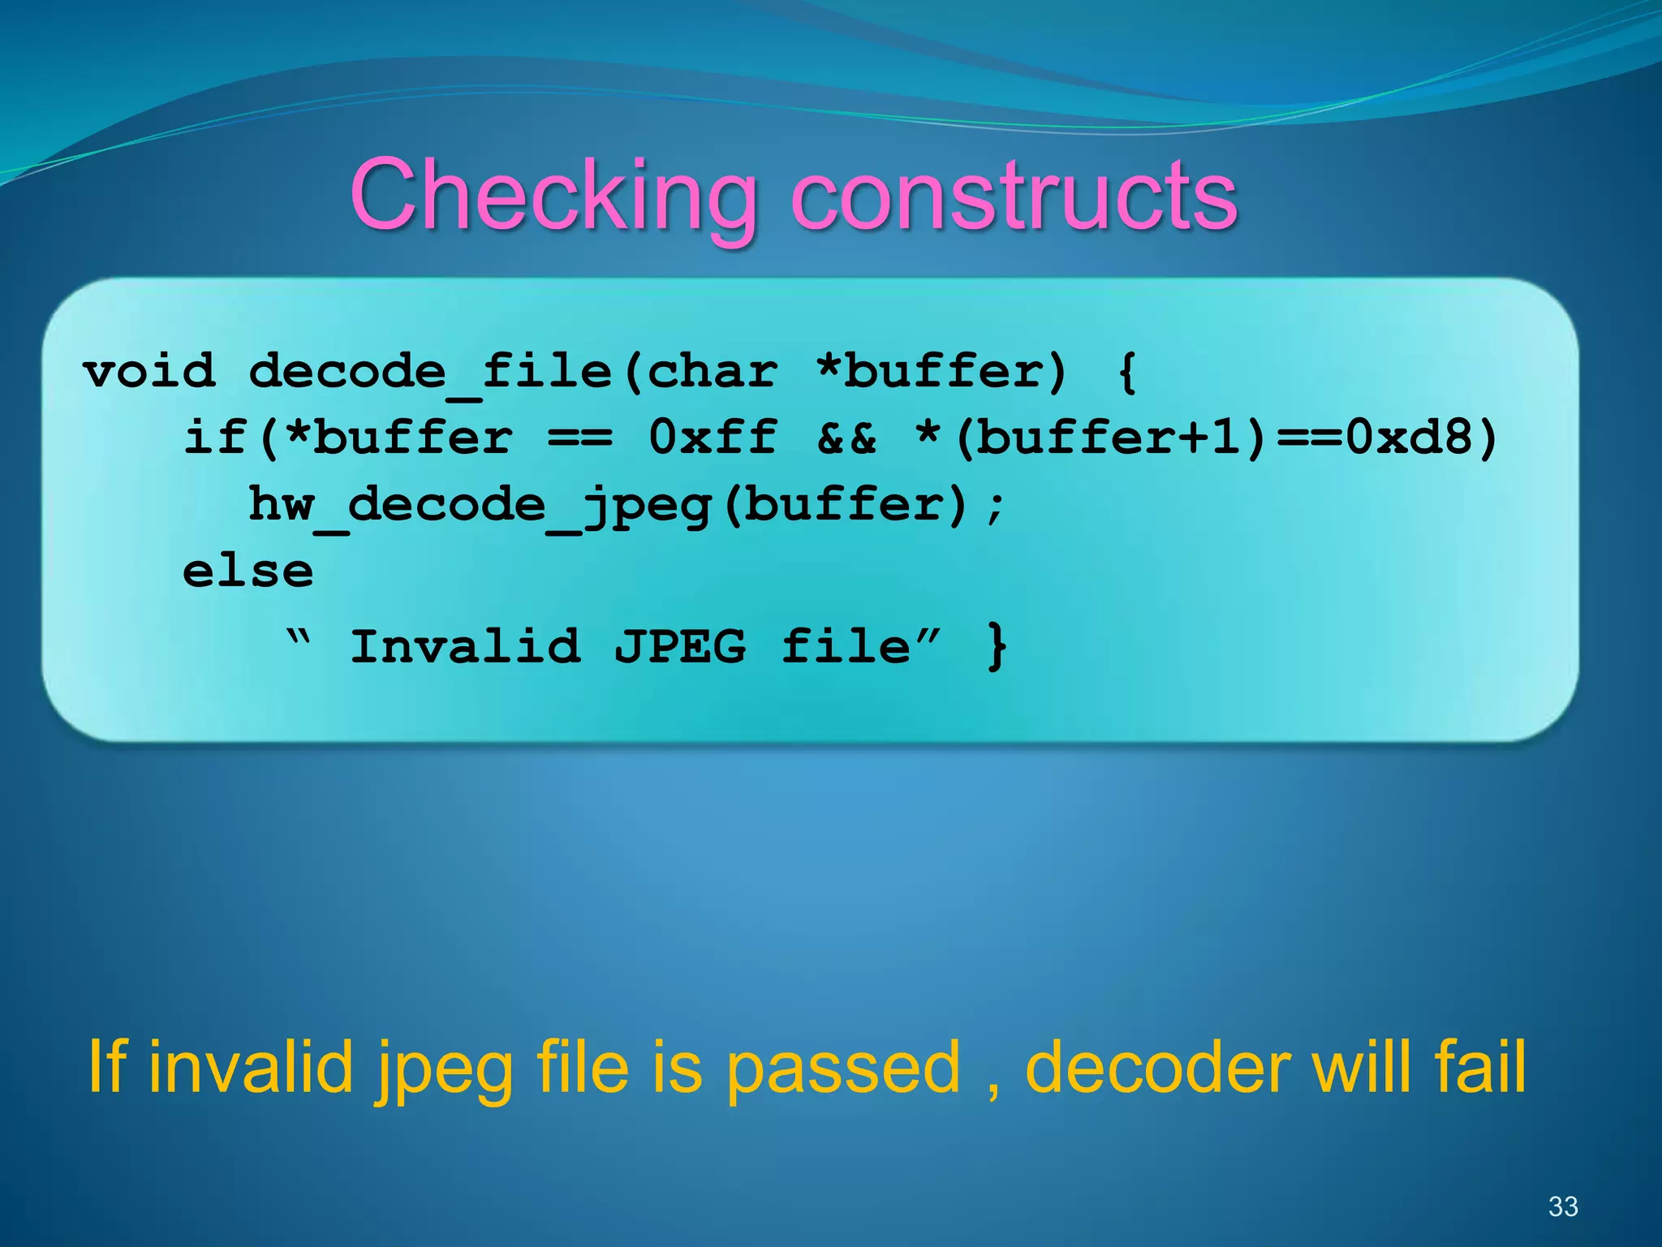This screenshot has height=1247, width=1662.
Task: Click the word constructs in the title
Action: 1014,196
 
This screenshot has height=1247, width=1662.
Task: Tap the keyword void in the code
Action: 149,372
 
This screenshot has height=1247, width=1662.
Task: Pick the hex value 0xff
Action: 713,438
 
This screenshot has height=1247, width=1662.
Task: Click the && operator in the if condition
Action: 847,438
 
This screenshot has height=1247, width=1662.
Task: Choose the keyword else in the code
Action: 248,572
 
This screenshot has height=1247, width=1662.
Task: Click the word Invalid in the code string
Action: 465,647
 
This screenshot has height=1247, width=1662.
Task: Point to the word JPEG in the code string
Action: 679,647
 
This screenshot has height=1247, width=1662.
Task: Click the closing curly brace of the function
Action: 997,647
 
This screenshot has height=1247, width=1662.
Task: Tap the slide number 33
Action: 1563,1206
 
